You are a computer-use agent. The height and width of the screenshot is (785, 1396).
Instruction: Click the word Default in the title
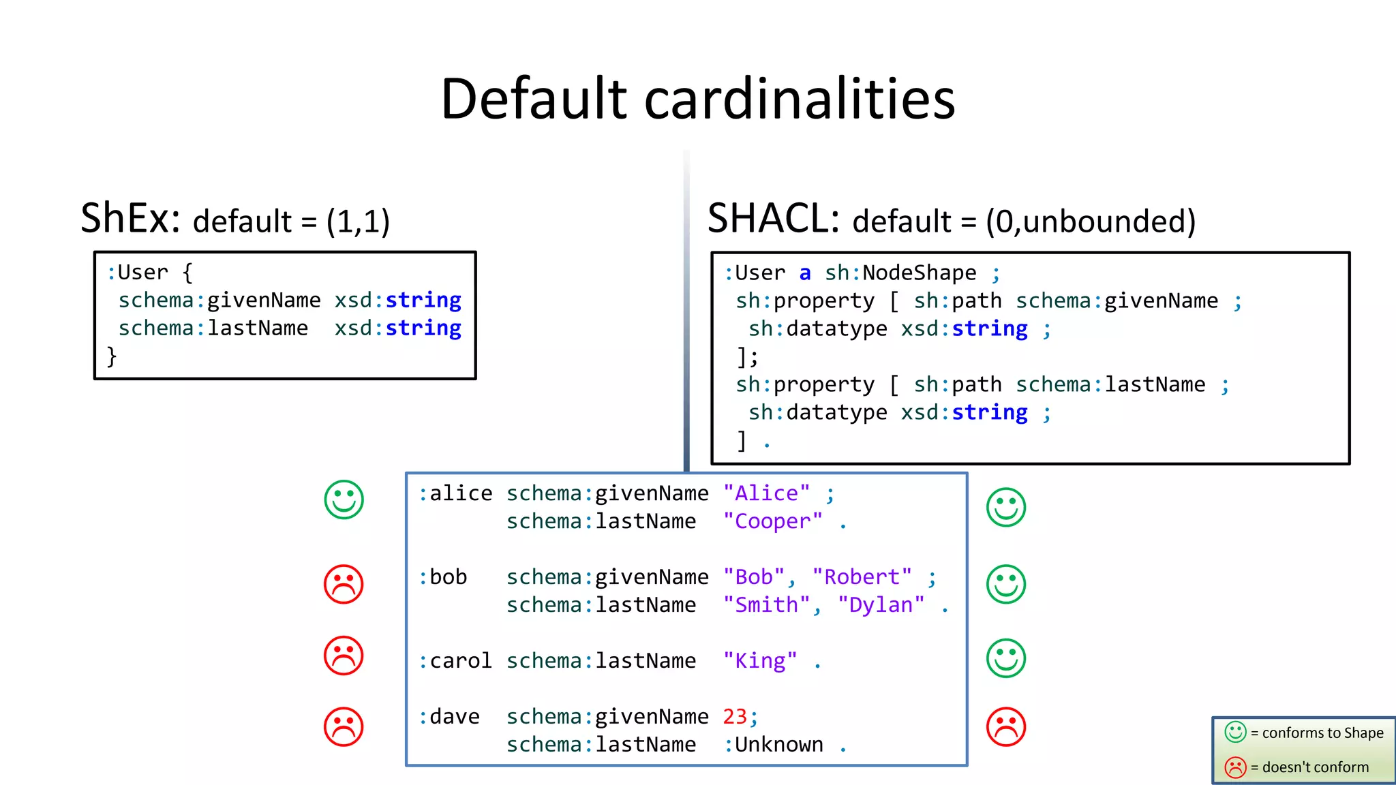click(x=534, y=99)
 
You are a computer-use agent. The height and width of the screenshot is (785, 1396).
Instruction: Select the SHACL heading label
click(x=772, y=219)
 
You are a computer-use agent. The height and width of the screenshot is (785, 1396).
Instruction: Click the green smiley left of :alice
click(x=344, y=499)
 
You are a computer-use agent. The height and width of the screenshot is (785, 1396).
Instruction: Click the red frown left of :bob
click(x=344, y=584)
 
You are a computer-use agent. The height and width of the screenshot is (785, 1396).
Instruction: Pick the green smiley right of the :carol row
click(x=1005, y=658)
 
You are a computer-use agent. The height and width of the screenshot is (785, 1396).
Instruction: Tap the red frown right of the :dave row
click(x=1005, y=727)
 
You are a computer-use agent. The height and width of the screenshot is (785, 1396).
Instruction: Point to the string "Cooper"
click(x=772, y=521)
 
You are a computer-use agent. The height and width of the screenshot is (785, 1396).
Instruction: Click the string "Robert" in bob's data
click(x=862, y=577)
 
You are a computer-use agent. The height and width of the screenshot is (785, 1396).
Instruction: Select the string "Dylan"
click(x=881, y=605)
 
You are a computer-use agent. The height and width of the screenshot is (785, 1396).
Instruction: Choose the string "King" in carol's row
click(x=759, y=661)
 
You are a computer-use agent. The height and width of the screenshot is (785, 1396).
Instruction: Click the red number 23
click(x=735, y=717)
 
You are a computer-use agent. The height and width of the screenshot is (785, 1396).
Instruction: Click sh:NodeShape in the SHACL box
click(x=900, y=273)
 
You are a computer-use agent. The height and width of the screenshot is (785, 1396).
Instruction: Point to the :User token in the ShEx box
click(x=137, y=273)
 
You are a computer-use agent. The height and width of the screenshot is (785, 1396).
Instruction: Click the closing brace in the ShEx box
click(x=112, y=356)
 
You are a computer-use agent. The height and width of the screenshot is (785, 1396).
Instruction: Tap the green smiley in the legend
click(x=1235, y=733)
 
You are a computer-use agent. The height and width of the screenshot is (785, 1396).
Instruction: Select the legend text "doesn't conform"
click(x=1315, y=767)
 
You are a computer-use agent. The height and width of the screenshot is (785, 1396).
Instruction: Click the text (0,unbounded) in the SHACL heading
click(x=1091, y=221)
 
